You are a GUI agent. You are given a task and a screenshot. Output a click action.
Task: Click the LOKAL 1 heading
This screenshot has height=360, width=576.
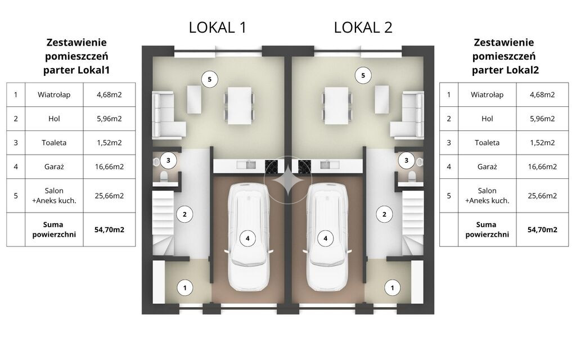coord(218,28)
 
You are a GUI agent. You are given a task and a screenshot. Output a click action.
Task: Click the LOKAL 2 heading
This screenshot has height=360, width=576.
coord(363,28)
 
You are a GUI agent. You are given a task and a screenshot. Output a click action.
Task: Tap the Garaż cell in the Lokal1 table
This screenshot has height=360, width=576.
coord(54,166)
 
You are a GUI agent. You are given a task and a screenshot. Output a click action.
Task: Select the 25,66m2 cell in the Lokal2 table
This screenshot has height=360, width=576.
coord(542,196)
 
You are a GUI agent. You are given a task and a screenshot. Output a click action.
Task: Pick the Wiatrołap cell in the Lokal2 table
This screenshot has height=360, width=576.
coord(487,94)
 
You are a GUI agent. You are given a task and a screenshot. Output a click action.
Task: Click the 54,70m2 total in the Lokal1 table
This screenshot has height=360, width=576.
coord(109,229)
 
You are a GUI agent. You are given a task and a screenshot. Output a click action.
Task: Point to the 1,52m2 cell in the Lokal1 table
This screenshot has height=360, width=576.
coord(109,142)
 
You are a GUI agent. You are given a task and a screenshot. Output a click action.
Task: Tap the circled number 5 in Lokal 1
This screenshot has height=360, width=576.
coord(210,79)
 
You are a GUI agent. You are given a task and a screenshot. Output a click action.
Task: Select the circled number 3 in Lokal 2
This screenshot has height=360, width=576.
coord(406,160)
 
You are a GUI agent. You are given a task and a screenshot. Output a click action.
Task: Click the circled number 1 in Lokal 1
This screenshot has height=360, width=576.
coord(184,288)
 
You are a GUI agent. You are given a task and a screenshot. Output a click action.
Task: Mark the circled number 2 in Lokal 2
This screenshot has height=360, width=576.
coord(384,214)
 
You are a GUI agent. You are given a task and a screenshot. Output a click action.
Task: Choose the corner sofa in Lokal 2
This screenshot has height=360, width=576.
coord(407,115)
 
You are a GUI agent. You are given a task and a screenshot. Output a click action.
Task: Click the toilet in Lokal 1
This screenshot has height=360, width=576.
coord(164,176)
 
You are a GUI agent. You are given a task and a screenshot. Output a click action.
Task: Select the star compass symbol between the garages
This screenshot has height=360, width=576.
coord(288,181)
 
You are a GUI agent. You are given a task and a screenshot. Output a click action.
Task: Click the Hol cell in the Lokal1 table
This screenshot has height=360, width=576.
coord(54,119)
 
